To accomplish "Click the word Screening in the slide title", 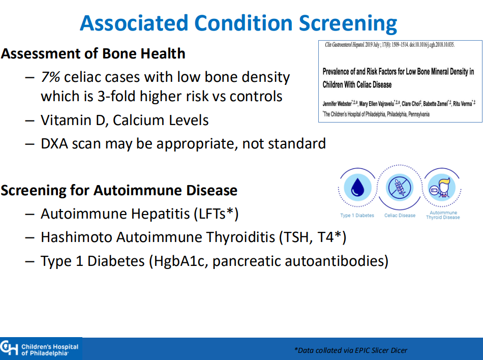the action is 348,24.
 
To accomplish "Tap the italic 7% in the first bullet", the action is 50,77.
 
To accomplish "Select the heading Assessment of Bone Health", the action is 93,53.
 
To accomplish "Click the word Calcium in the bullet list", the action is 136,120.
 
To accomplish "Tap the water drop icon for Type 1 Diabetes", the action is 357,188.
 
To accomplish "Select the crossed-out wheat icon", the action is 400,188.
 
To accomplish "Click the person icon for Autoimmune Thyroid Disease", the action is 442,188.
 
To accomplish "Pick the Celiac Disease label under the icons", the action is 400,216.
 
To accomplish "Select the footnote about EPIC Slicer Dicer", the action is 351,350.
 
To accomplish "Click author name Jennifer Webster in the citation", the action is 337,104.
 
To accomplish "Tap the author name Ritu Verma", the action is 462,104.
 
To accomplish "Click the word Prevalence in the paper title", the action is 336,72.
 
